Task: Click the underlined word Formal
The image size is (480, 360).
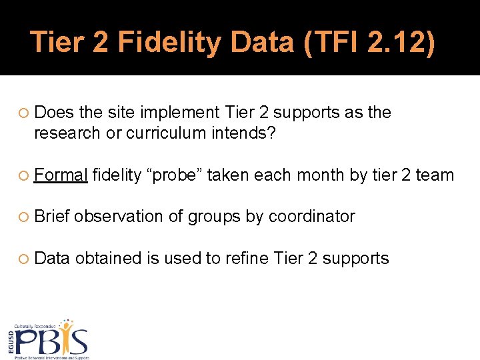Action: pyautogui.click(x=61, y=175)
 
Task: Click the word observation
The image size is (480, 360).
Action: pyautogui.click(x=128, y=217)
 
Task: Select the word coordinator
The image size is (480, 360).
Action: pyautogui.click(x=311, y=217)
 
